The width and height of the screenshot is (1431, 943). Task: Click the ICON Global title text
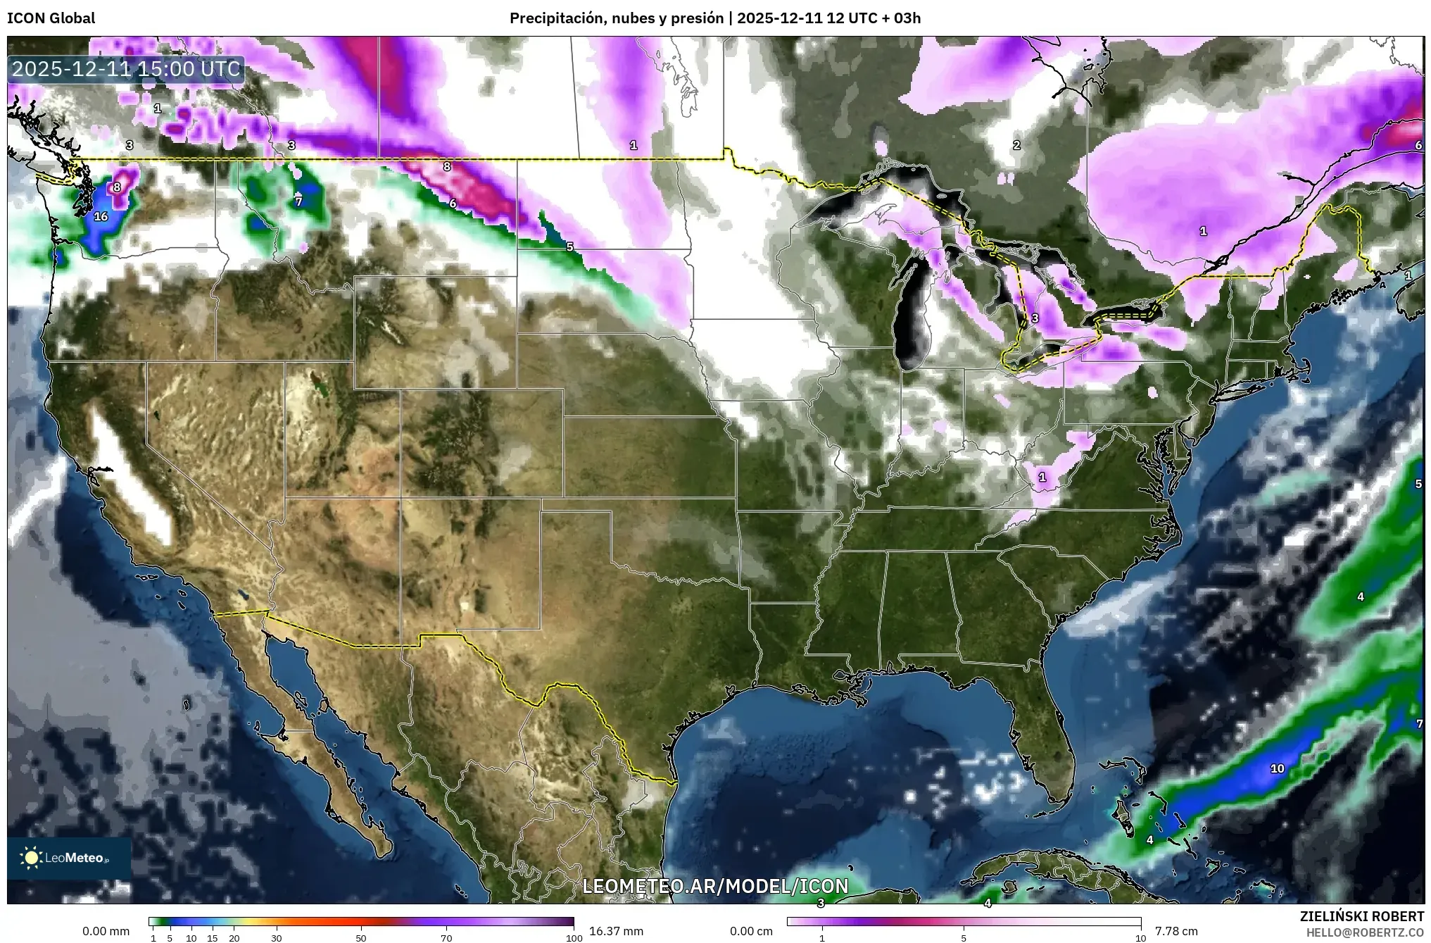point(51,18)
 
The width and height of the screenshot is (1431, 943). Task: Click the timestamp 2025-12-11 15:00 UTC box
point(127,69)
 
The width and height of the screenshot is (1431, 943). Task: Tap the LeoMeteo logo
point(69,858)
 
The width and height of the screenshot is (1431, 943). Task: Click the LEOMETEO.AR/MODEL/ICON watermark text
point(715,886)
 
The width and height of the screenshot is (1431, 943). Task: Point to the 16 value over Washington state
point(101,216)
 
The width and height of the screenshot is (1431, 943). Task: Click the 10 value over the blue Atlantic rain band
point(1277,768)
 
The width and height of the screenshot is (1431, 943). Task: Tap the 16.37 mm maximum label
point(616,931)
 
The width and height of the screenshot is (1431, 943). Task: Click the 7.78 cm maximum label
point(1176,931)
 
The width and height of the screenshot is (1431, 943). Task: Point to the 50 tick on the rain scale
point(361,937)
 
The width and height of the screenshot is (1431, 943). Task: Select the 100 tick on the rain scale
point(574,937)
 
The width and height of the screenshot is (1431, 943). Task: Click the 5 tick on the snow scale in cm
point(964,937)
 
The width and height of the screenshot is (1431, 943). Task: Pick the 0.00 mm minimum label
point(106,931)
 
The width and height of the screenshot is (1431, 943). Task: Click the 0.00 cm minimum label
point(751,931)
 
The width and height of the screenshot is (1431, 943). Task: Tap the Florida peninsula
point(1049,747)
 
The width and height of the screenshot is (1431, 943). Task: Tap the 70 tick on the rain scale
point(446,937)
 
